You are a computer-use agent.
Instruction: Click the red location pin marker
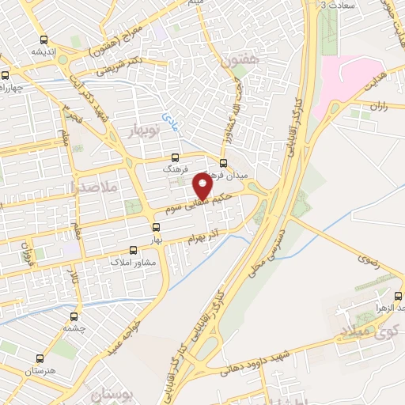202,187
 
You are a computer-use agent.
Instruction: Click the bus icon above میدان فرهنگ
223,163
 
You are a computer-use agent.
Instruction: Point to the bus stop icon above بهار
156,227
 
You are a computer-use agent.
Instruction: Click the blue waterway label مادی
169,120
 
